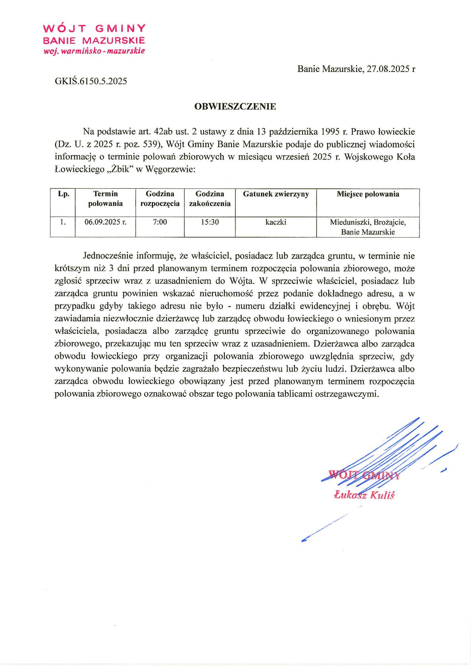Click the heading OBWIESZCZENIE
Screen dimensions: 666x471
click(235, 106)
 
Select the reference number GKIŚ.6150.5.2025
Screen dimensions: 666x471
click(91, 81)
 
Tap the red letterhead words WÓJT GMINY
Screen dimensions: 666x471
click(94, 28)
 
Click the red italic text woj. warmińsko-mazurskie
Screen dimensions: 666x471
click(94, 51)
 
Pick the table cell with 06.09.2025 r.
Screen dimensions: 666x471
click(105, 222)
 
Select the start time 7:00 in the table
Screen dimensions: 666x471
click(160, 222)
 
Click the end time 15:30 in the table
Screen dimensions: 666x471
click(209, 222)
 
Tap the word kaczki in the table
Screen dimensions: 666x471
click(276, 222)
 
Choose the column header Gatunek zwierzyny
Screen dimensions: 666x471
click(276, 194)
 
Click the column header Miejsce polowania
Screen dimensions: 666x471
click(368, 194)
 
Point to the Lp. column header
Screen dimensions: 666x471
click(63, 194)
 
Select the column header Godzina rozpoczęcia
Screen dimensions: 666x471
click(160, 199)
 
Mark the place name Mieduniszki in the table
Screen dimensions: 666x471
click(351, 222)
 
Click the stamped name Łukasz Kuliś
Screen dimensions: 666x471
click(364, 495)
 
